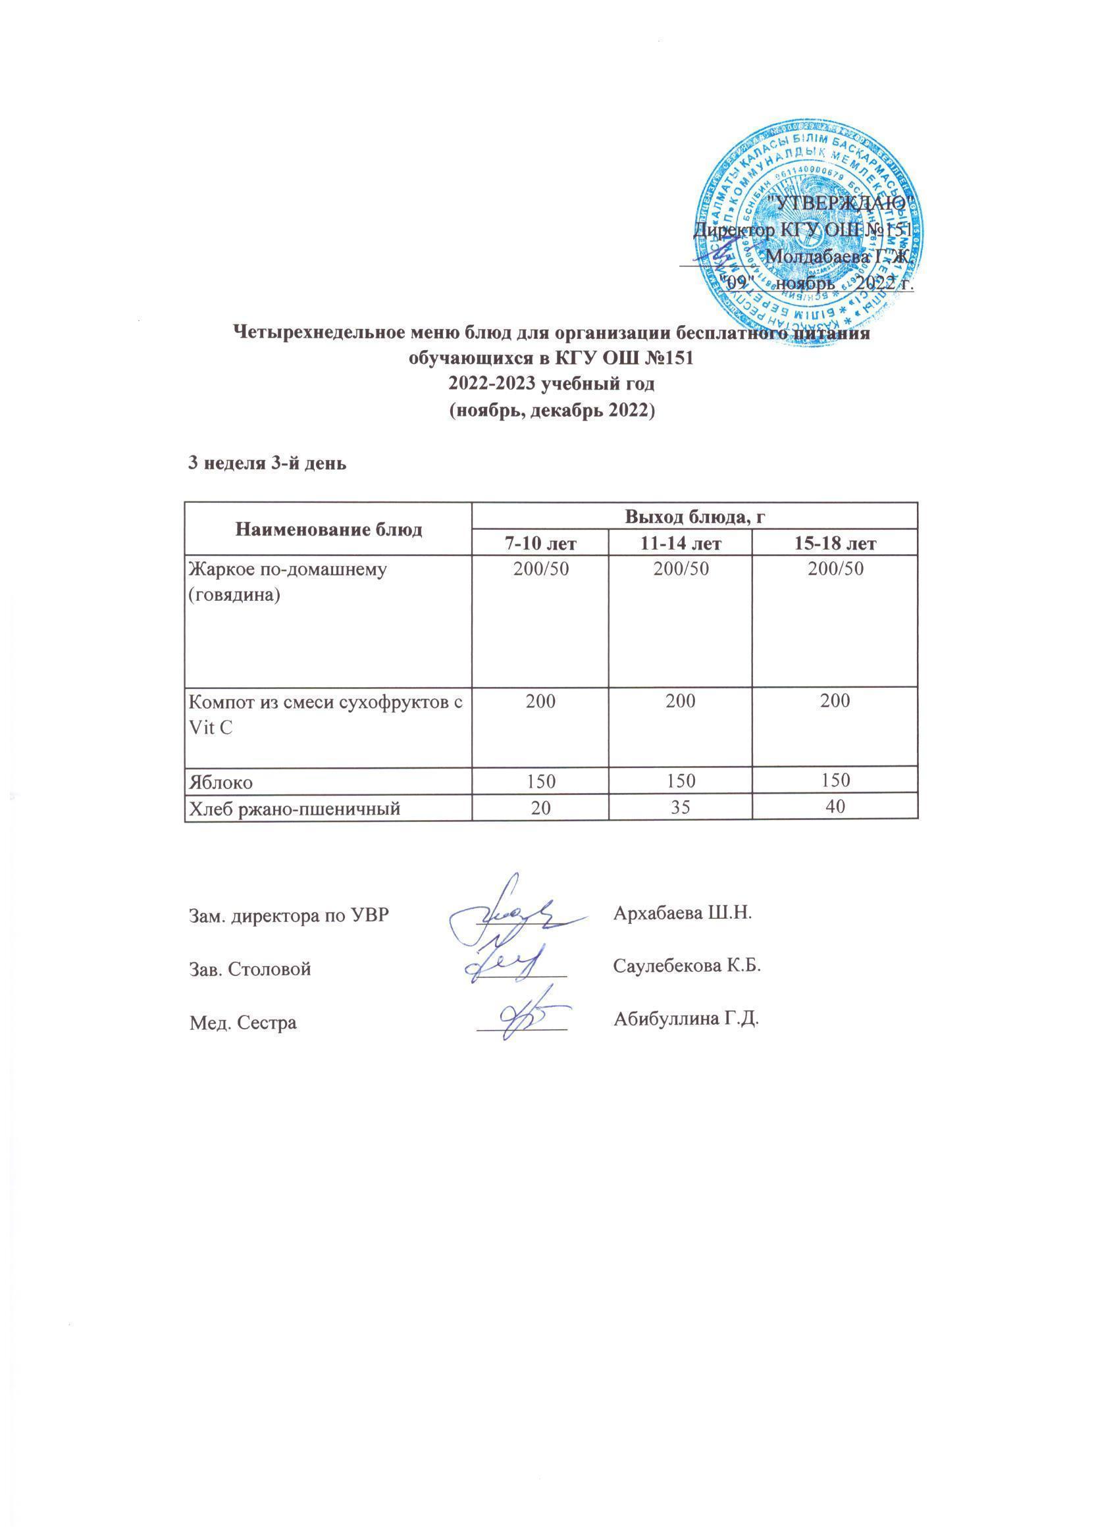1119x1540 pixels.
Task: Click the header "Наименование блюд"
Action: point(328,529)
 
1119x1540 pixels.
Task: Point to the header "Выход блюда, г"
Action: point(694,516)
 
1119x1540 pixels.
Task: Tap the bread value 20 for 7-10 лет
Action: point(540,808)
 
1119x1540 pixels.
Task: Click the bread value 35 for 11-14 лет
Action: point(680,808)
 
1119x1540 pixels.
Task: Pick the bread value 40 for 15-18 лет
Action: point(835,808)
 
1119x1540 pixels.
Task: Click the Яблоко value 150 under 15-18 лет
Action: point(835,781)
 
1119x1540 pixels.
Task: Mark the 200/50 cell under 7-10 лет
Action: point(540,569)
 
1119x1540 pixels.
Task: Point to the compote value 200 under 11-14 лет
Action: point(680,701)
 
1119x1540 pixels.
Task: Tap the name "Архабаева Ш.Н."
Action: point(683,912)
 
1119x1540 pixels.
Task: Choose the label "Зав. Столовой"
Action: point(249,969)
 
